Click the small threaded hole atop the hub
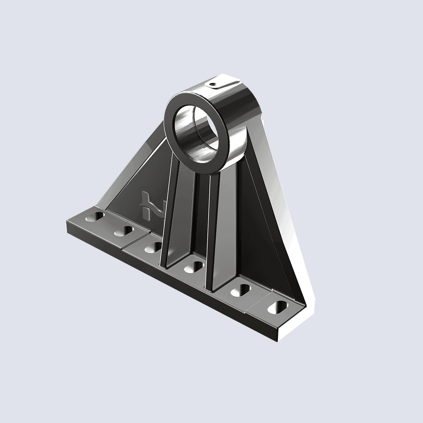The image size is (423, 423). pos(214,84)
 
